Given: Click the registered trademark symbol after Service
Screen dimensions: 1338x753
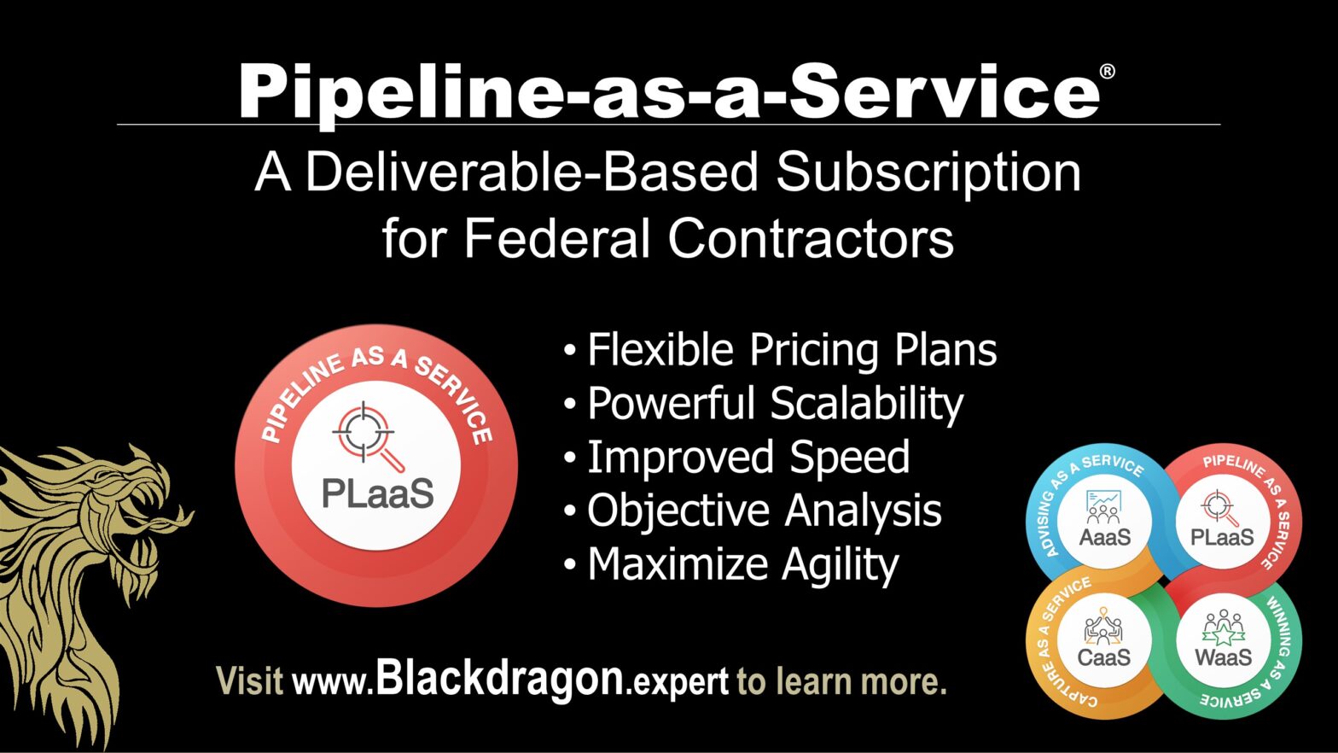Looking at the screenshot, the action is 1107,72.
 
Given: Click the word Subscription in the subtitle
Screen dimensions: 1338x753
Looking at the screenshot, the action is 928,172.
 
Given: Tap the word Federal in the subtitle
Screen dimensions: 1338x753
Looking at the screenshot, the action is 557,238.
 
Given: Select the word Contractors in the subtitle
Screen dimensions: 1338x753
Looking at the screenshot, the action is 811,238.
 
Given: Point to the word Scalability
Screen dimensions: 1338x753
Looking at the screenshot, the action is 867,404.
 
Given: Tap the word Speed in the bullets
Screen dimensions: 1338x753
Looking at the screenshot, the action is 849,458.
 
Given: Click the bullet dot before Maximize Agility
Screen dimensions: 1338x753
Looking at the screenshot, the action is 570,565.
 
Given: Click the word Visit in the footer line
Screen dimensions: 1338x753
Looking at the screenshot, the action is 249,680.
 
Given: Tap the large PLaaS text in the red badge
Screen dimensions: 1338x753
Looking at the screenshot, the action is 377,493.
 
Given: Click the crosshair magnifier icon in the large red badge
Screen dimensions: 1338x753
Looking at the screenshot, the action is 367,435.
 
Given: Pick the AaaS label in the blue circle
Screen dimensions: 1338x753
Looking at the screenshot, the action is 1104,537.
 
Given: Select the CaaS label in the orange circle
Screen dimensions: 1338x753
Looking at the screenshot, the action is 1104,657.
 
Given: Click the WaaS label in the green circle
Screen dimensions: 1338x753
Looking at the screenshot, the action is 1223,657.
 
